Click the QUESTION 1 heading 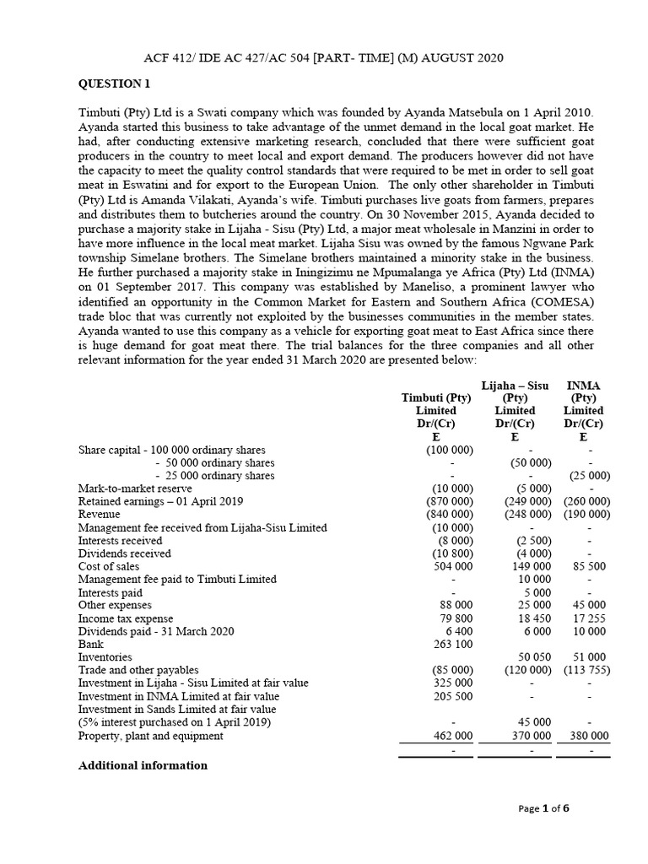114,84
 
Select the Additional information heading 143,765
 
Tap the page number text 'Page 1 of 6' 544,808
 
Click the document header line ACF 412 323,57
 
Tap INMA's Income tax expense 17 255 587,618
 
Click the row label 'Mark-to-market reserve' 135,488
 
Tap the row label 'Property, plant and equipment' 151,736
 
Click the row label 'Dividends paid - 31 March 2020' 156,632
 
